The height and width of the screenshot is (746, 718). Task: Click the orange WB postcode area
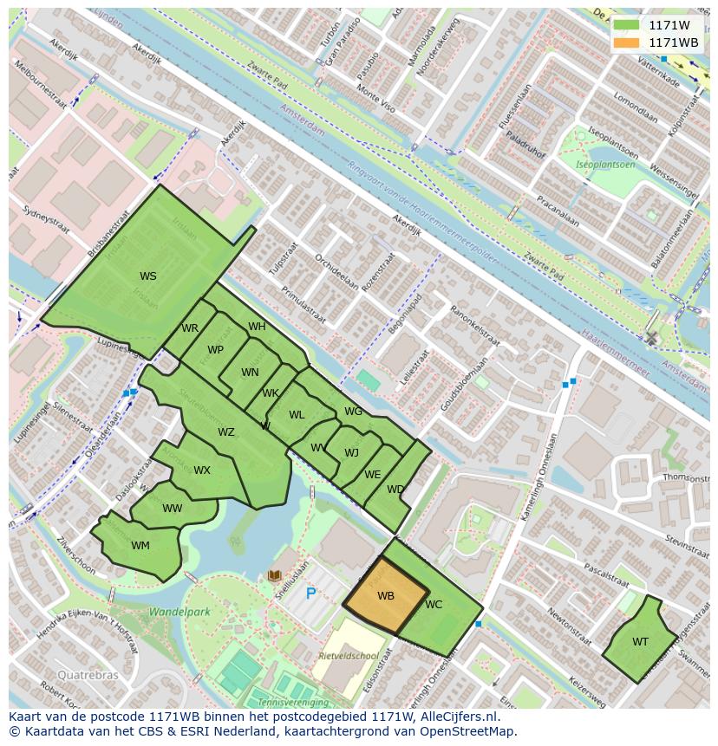pos(386,596)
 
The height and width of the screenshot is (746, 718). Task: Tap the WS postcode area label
pos(148,276)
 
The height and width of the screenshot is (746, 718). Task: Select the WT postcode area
pos(640,642)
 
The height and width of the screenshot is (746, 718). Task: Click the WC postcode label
pos(434,605)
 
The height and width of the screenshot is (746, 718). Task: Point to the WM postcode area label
pos(140,546)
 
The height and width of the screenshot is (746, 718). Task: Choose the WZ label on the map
pos(225,432)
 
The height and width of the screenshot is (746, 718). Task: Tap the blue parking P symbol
pos(310,594)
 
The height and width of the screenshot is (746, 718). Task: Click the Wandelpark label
pos(179,612)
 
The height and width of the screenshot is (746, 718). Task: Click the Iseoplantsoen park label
pos(606,165)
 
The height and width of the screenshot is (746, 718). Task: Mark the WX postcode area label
pos(202,470)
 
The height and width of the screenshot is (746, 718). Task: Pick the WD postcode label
pos(395,490)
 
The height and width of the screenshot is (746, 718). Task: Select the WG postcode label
pos(353,412)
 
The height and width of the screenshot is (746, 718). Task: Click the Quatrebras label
pos(86,674)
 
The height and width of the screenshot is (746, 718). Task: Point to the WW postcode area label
pos(173,509)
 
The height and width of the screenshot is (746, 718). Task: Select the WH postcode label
pos(257,327)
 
